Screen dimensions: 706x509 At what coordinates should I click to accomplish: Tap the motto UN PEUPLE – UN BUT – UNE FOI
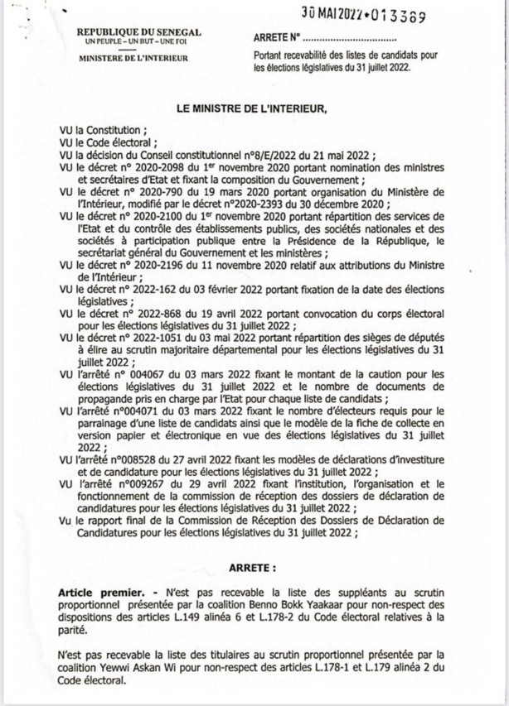(128, 41)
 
